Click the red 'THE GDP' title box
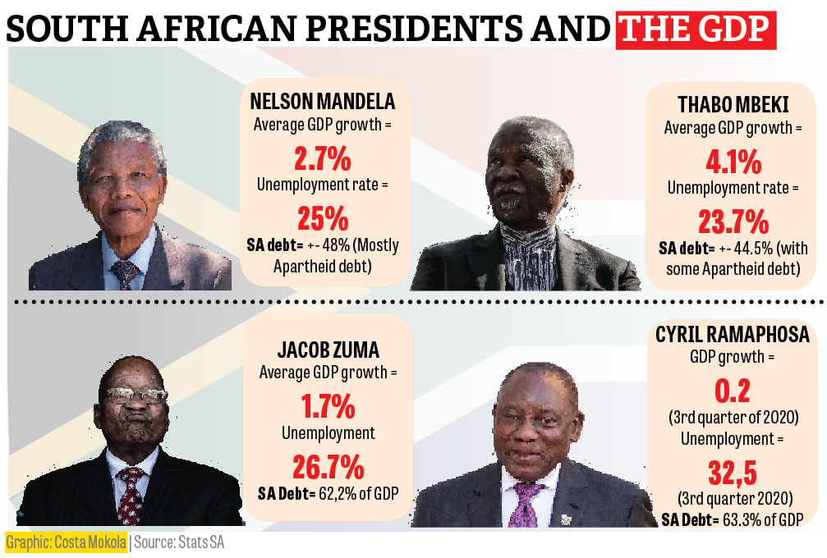[696, 30]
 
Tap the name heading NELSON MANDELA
[322, 103]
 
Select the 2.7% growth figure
[322, 156]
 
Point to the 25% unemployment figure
[322, 218]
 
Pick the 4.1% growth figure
[733, 161]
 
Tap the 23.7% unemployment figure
[733, 222]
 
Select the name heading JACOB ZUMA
[328, 350]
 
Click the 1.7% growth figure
[328, 405]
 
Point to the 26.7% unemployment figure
[328, 467]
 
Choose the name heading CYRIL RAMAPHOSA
[733, 335]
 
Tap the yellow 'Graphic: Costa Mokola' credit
[67, 542]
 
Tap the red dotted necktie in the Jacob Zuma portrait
[130, 492]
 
